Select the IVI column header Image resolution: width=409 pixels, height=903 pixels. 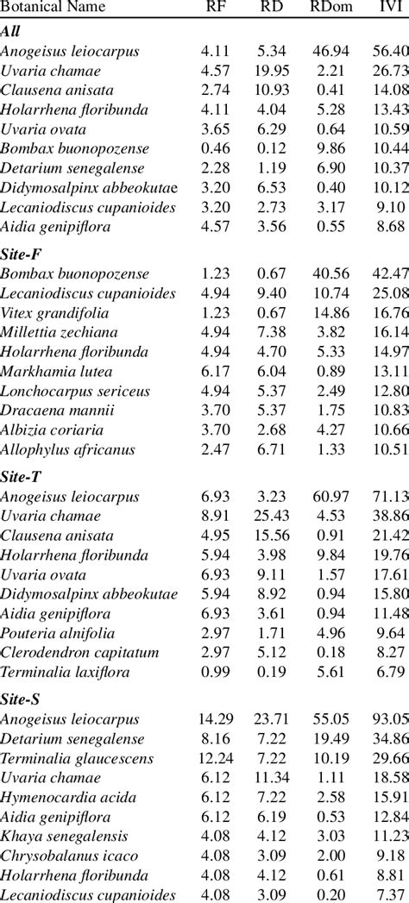(387, 7)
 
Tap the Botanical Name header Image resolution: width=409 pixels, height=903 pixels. (53, 7)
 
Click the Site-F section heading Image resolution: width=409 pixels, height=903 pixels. (22, 254)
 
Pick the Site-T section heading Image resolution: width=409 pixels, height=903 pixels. (22, 476)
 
